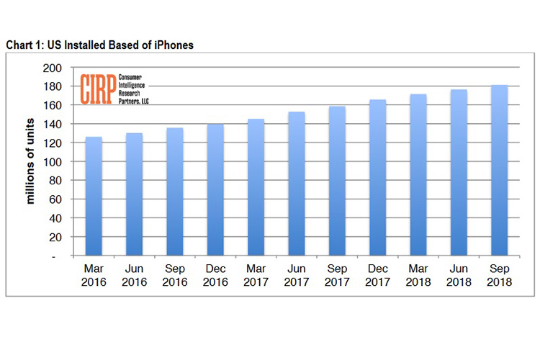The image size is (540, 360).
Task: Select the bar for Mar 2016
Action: point(94,196)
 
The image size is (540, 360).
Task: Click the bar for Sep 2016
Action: point(175,192)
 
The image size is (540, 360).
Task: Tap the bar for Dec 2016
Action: point(215,190)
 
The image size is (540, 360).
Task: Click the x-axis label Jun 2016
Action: point(134,276)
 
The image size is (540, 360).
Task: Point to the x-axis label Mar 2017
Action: point(256,276)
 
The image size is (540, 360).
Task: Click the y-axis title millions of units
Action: point(31,162)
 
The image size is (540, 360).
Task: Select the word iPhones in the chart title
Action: point(173,45)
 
